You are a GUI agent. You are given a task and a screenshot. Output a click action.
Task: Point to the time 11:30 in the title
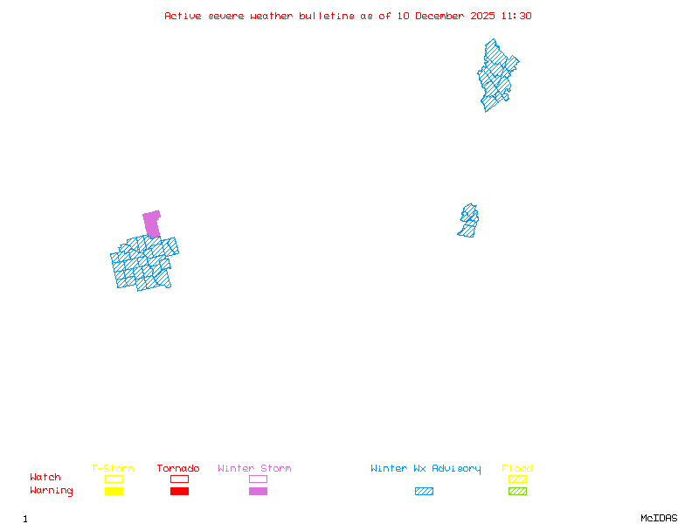point(517,16)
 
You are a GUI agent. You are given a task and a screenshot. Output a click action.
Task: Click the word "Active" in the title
point(183,16)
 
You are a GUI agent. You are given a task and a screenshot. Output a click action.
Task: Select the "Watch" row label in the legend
point(45,478)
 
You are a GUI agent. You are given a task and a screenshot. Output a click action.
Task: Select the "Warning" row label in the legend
point(51,491)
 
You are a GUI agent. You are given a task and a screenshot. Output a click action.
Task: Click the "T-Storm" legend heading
point(113,469)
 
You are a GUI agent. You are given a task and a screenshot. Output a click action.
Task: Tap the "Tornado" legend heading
point(178,469)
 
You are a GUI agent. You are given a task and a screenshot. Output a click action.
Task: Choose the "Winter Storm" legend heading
point(254,469)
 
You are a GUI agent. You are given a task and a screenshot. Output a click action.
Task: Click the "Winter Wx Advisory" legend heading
point(426,469)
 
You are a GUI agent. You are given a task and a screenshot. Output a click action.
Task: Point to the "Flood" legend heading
point(517,469)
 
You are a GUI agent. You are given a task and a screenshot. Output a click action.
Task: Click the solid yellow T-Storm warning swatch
point(114,492)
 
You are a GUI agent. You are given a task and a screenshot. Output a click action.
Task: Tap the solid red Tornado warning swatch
point(179,492)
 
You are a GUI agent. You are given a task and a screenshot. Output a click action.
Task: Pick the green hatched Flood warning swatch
point(517,492)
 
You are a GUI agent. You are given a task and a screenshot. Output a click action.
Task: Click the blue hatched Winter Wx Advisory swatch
point(424,492)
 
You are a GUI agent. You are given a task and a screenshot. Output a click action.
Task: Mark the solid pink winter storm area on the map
point(152,223)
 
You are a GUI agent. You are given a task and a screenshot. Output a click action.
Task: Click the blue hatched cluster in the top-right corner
point(495,74)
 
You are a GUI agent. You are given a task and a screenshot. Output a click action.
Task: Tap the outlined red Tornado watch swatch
point(179,479)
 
